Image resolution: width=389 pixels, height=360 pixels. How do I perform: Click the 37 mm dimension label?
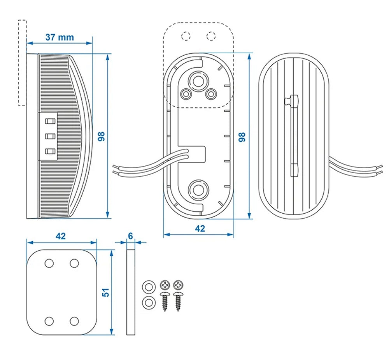(x=60, y=37)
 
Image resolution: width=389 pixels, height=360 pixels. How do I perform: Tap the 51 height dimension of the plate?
(x=105, y=292)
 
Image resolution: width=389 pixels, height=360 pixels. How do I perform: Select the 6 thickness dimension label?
(x=130, y=236)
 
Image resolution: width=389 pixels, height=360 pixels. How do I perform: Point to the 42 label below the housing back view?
(x=200, y=228)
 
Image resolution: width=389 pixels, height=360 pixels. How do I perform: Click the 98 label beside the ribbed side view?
(x=102, y=136)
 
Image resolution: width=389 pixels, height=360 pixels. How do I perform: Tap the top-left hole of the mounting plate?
(x=49, y=263)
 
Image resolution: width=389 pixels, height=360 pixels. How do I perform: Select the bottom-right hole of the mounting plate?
(x=74, y=321)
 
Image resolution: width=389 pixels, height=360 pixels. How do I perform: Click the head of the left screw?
(x=165, y=285)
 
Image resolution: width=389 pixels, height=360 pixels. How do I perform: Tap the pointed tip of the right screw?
(x=179, y=310)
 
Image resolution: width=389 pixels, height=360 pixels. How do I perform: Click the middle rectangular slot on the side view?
(x=49, y=136)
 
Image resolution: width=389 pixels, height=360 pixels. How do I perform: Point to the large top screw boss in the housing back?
(x=199, y=81)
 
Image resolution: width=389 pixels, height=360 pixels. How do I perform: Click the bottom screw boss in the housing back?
(x=199, y=190)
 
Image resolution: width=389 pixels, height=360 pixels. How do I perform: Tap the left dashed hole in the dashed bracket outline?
(x=186, y=36)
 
